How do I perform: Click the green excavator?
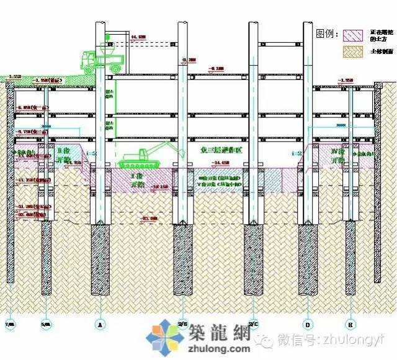coord(143,155)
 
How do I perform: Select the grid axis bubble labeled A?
coord(100,323)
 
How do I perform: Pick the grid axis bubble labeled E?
coord(350,323)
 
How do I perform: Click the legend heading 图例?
coord(326,33)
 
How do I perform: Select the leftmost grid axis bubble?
coord(10,323)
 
